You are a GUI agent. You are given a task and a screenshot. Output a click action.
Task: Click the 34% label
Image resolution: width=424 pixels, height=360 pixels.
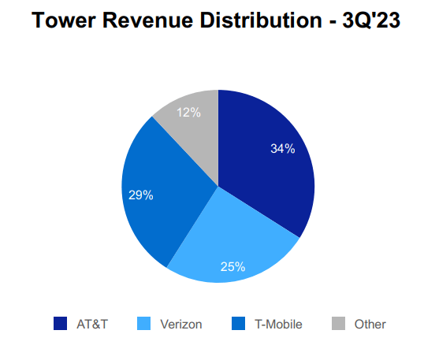coord(282,148)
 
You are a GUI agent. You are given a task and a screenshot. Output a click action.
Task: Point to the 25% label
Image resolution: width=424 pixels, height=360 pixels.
coord(232,266)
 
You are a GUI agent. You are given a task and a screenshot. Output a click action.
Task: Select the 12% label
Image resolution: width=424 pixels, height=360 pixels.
coord(188,112)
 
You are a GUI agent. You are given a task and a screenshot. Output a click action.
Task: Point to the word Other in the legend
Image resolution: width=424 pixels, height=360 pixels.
coord(370,324)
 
